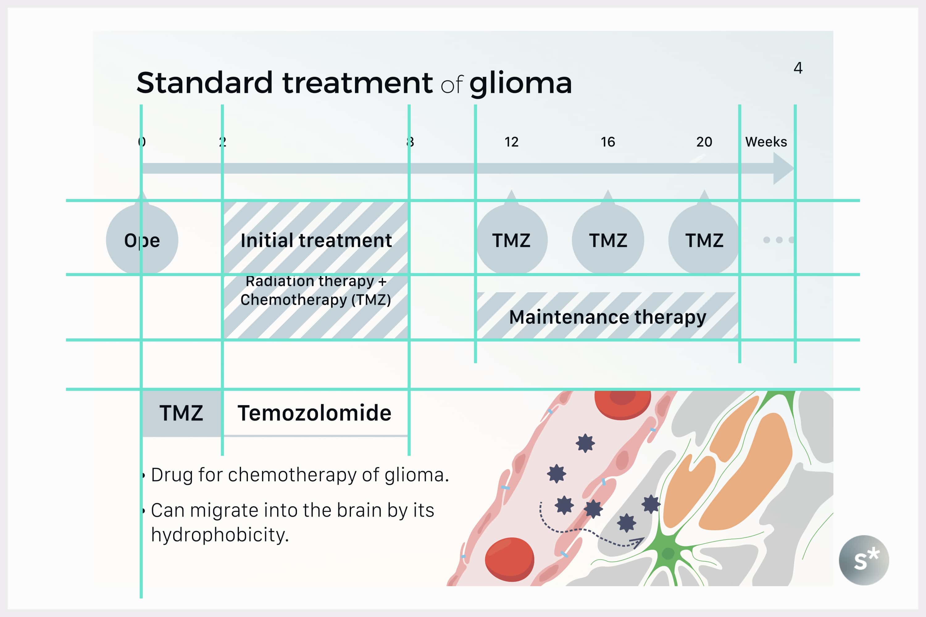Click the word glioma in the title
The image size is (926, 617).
(520, 83)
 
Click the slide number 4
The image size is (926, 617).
(798, 68)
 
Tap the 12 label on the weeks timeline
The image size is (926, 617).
(511, 142)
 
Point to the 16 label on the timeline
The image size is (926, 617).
(607, 142)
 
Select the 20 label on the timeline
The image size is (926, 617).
(704, 142)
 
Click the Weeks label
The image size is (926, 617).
(766, 142)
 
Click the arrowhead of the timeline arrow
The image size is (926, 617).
(783, 168)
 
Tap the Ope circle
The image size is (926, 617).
(142, 240)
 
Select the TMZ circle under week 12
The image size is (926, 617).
(511, 240)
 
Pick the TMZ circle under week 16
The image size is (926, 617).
(608, 240)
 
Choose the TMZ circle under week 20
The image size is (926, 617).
(704, 240)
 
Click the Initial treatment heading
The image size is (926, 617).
(316, 240)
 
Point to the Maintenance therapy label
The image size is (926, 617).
(607, 317)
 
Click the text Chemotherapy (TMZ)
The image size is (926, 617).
(316, 300)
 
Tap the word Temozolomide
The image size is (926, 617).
(314, 413)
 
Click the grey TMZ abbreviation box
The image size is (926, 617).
(181, 413)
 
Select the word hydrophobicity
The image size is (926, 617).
(220, 535)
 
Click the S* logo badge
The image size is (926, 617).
(864, 560)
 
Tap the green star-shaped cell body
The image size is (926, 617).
(668, 553)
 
